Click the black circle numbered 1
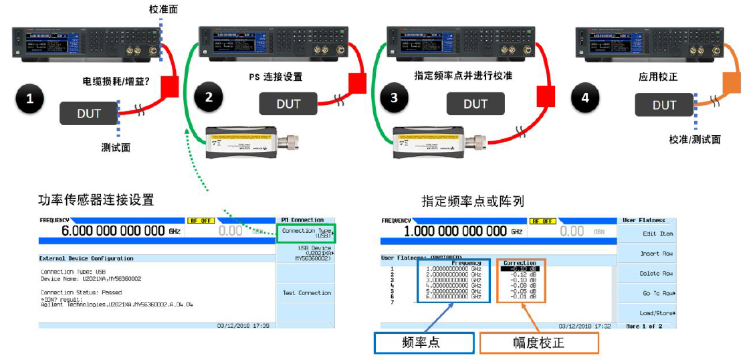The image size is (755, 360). coord(29,100)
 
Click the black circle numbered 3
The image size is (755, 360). coord(394,98)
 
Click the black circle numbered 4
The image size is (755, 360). coord(585,98)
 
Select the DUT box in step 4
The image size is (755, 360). coord(664,105)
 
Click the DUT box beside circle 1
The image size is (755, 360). coord(89,112)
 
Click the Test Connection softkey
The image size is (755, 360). coord(306,293)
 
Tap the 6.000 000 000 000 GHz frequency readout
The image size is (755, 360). coord(120,231)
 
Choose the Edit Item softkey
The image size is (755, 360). coord(657,234)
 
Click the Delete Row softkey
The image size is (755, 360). coord(657,273)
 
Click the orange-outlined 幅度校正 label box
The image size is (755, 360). coord(538,343)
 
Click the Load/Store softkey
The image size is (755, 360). coord(657,312)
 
